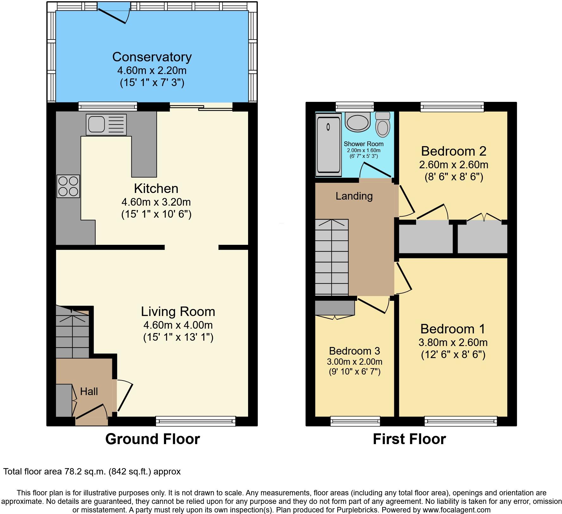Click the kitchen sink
click(106, 124)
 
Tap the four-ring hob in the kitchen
click(68, 186)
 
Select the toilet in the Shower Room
click(383, 125)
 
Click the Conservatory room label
click(152, 57)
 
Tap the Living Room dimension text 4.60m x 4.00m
click(178, 325)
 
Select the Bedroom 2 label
click(453, 151)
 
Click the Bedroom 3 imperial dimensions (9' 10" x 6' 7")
click(354, 371)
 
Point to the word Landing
click(354, 196)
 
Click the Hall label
click(89, 392)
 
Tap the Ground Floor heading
click(153, 439)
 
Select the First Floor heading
click(409, 439)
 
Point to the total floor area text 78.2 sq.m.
click(92, 472)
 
